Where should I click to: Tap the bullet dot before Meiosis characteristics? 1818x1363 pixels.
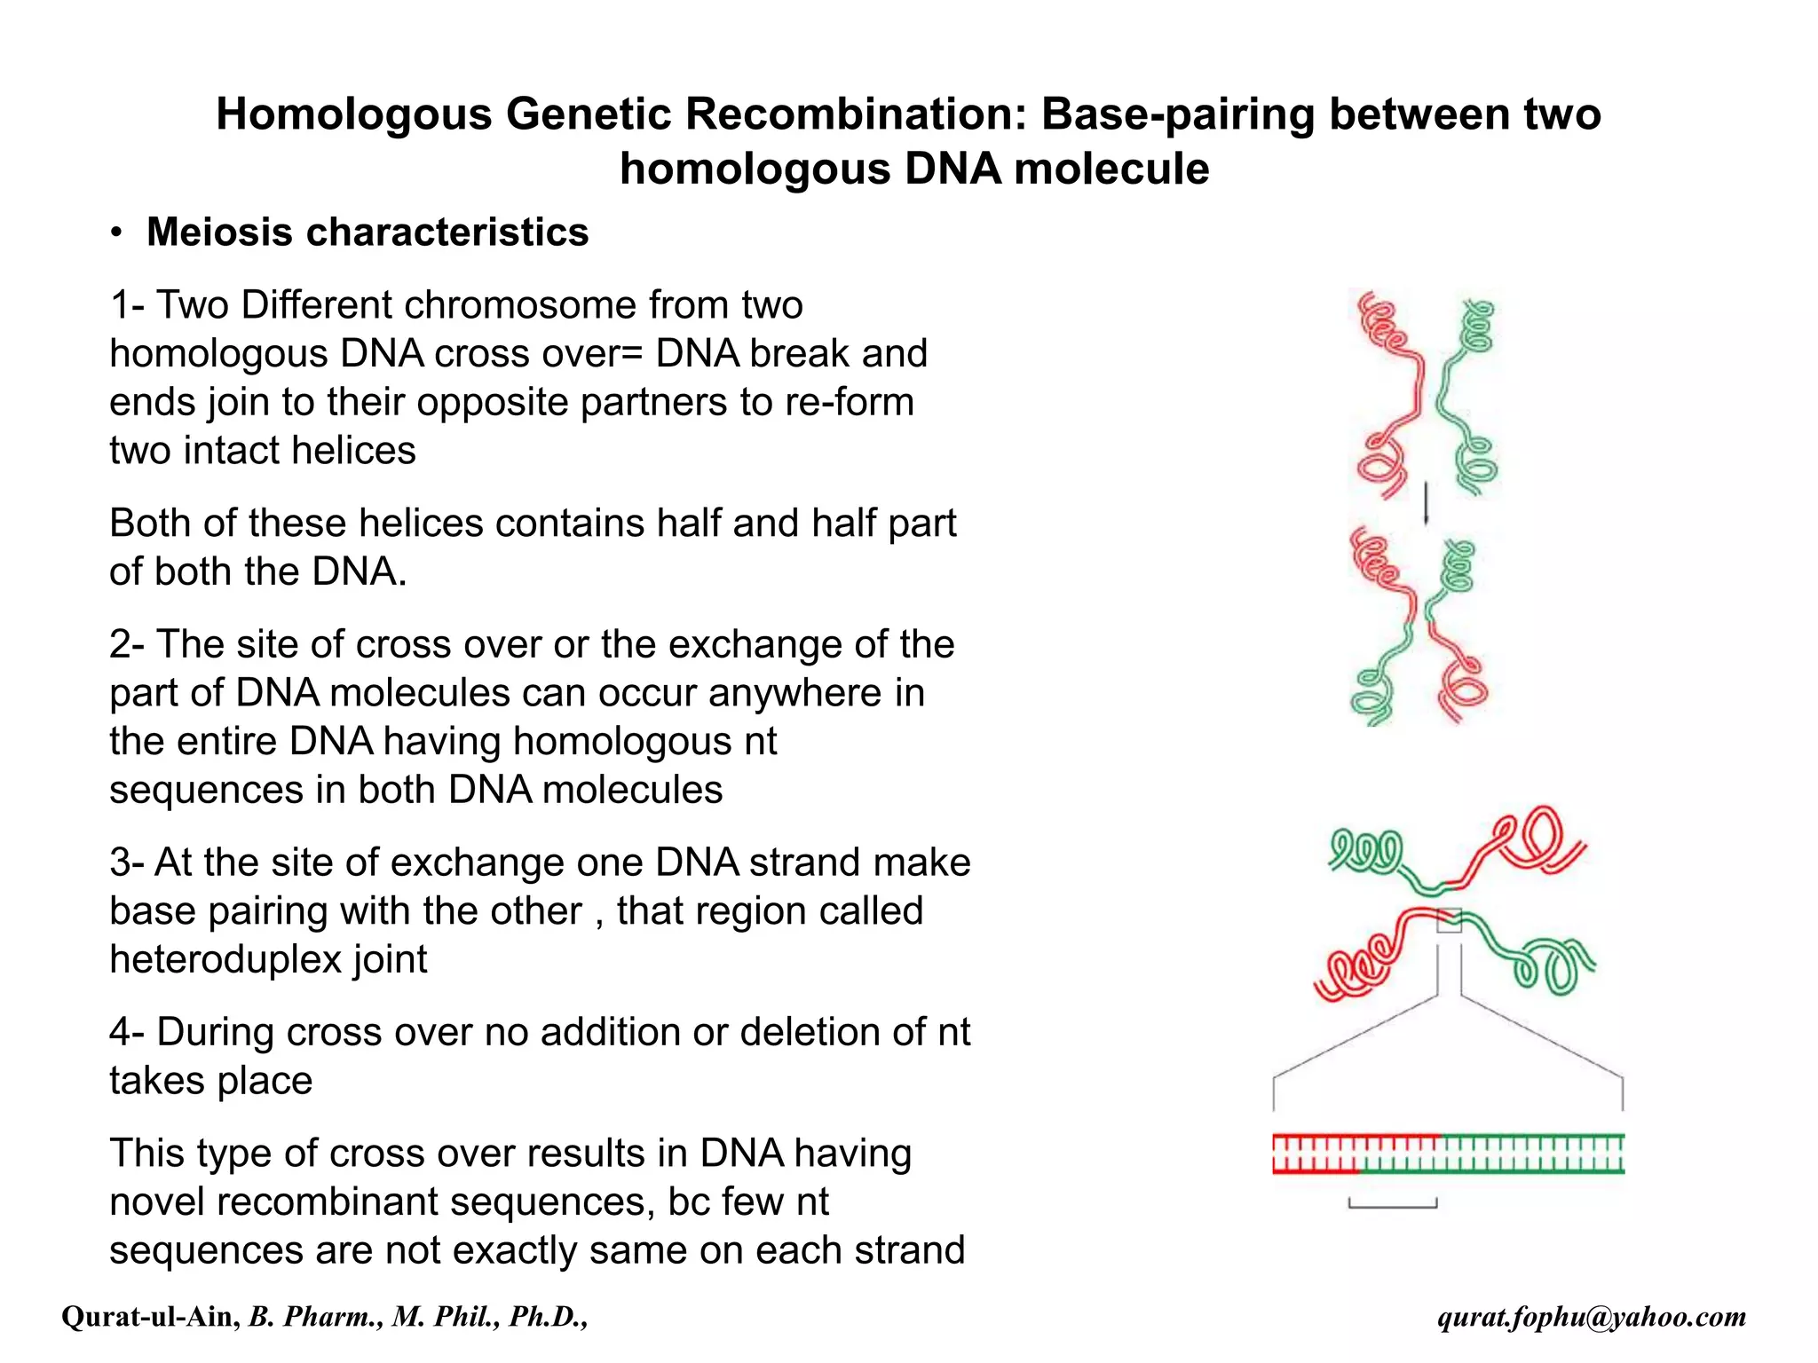click(x=116, y=233)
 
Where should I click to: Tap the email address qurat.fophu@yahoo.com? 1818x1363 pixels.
click(x=1591, y=1317)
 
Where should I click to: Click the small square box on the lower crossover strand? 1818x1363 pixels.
click(x=1449, y=919)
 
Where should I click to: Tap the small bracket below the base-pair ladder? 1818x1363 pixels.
click(x=1392, y=1204)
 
